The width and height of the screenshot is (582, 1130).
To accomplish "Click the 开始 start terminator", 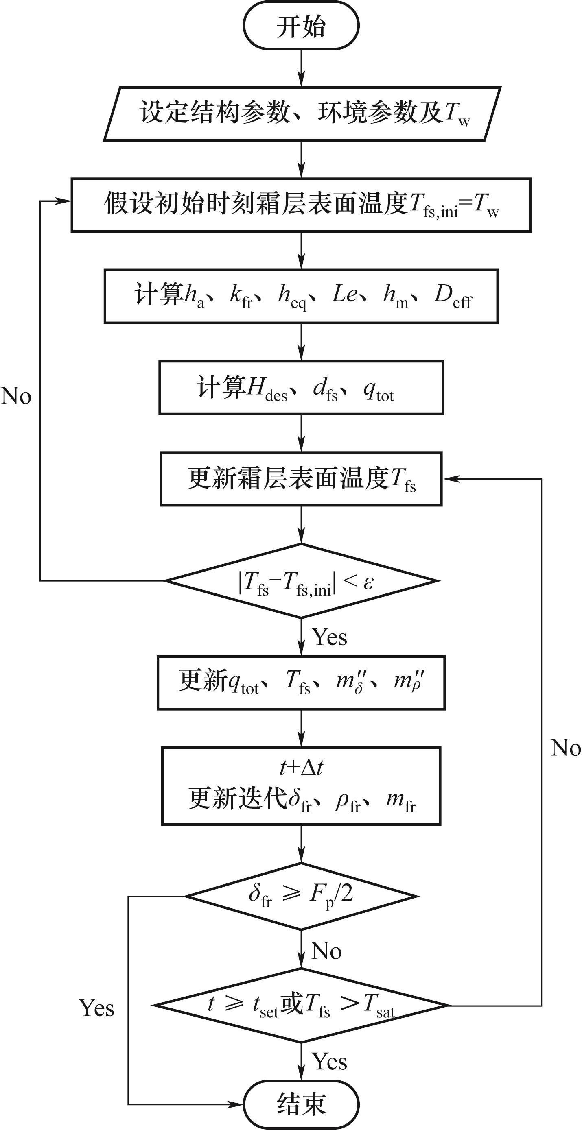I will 301,26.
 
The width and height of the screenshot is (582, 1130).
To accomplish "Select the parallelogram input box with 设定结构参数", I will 302,113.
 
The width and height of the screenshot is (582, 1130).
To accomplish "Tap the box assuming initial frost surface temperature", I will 301,205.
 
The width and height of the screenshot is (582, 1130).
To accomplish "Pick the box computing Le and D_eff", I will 301,296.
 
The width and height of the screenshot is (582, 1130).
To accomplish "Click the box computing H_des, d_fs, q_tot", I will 301,387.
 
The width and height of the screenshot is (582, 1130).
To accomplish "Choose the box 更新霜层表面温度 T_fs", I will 301,479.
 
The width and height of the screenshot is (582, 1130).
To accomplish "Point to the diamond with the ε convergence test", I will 301,581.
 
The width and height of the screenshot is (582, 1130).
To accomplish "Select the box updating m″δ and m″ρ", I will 301,683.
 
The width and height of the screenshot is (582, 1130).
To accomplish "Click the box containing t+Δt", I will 301,785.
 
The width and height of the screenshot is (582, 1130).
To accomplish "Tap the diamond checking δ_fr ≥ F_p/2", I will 301,896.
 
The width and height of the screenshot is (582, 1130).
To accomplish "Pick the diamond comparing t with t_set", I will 301,1005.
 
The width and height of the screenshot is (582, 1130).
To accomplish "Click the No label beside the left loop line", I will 16,396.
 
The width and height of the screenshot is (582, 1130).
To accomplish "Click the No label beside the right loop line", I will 565,748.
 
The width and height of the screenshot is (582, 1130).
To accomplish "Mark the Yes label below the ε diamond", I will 329,637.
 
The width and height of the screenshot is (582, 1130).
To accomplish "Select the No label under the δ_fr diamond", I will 326,951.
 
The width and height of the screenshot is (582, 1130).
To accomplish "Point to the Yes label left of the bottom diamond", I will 96,1008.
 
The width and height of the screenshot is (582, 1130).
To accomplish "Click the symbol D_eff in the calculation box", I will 453,296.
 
